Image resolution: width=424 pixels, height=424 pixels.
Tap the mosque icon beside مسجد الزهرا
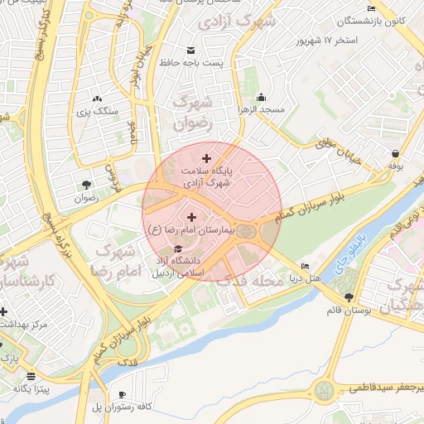[262, 96]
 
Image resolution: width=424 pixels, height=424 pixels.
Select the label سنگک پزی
[98, 109]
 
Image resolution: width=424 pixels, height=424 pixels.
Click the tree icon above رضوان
[86, 185]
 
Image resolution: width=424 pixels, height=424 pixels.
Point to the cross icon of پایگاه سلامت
[206, 157]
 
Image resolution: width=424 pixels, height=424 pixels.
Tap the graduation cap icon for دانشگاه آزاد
[176, 249]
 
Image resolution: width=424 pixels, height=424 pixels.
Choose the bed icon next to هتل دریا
[306, 267]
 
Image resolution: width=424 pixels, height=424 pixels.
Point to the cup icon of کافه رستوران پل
[123, 394]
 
